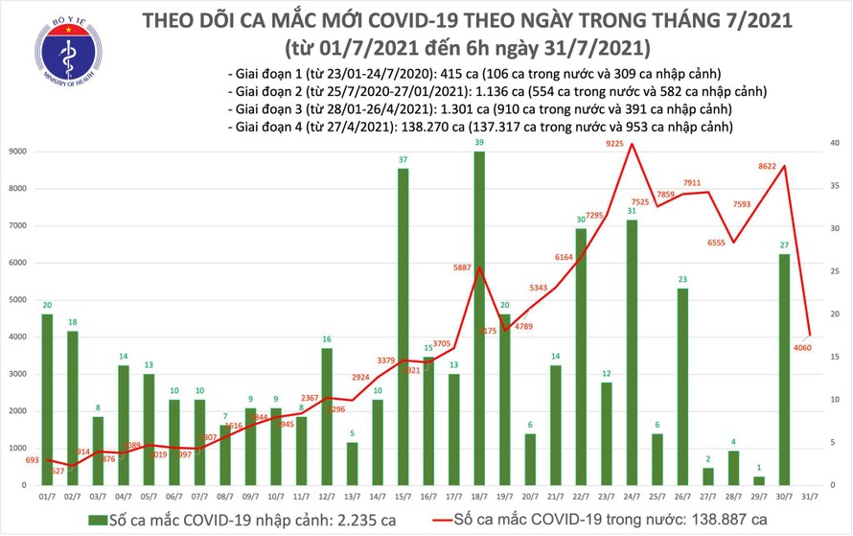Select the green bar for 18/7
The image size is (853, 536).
(x=479, y=316)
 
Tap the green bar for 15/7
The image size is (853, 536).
(x=403, y=326)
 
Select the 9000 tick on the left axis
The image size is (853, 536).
(x=17, y=152)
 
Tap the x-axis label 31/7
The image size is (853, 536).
(x=811, y=495)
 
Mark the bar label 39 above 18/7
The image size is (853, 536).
(x=479, y=144)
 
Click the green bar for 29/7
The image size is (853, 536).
(x=759, y=480)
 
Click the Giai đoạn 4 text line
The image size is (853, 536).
(x=479, y=126)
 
